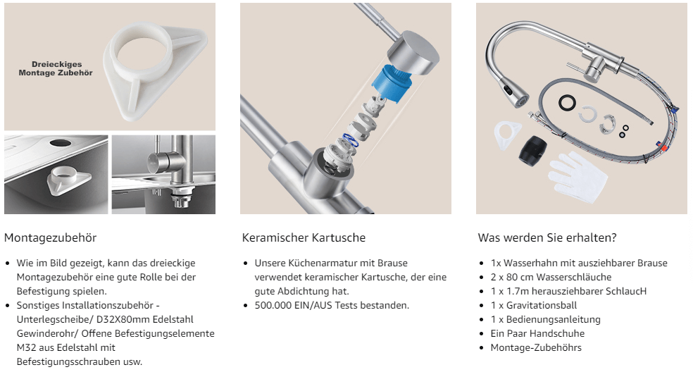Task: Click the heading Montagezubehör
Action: [50, 238]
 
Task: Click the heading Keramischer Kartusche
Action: [304, 238]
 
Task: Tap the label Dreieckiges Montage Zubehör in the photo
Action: [56, 68]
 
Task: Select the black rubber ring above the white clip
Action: [566, 103]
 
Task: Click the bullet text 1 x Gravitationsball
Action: [533, 305]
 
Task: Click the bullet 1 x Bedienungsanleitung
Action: [546, 319]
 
